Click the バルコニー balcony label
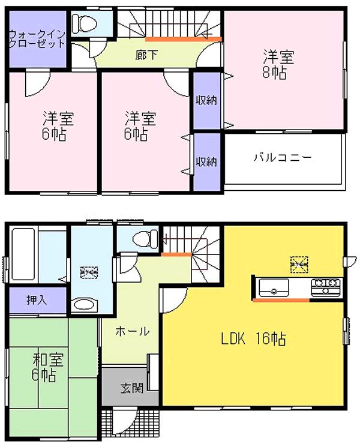282,158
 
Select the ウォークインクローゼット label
37,39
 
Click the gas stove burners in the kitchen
326,284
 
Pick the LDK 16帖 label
253,339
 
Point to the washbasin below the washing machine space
85,305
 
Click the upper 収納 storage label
206,100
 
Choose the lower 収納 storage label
206,161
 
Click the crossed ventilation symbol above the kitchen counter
298,263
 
